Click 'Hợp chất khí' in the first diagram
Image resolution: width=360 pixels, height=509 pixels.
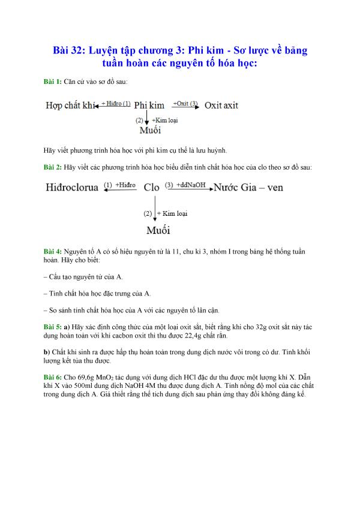click(71, 106)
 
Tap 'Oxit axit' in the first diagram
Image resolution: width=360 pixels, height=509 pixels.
click(221, 106)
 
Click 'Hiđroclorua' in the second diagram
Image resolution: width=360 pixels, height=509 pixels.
click(72, 187)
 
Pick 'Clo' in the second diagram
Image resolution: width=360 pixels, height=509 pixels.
click(152, 187)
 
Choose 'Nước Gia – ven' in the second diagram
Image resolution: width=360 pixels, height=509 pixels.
click(249, 187)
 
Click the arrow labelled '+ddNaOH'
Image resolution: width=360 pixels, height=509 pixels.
click(188, 189)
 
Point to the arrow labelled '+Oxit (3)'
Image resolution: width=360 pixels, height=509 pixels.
click(186, 107)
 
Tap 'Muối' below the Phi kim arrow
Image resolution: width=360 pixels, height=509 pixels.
click(149, 130)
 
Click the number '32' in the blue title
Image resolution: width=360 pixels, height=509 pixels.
click(75, 50)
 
